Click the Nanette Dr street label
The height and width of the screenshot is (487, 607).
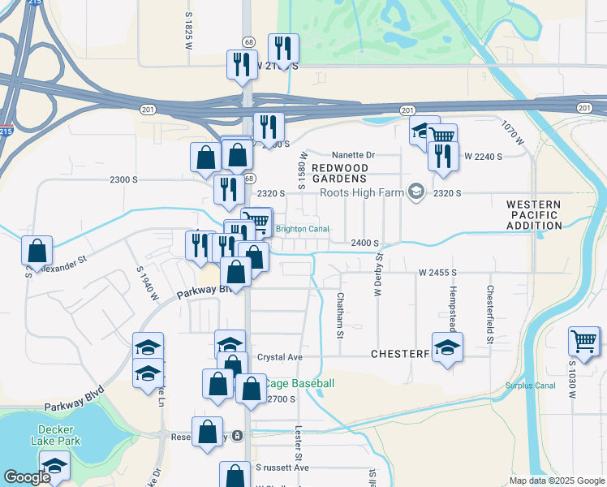pyautogui.click(x=354, y=155)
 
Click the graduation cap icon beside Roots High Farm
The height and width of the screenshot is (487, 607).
pyautogui.click(x=416, y=192)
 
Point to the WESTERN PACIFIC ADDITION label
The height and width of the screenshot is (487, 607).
pyautogui.click(x=533, y=215)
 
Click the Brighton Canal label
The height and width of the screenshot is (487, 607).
pyautogui.click(x=303, y=229)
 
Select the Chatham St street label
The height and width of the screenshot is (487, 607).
pyautogui.click(x=341, y=311)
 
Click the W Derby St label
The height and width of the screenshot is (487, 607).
pyautogui.click(x=378, y=274)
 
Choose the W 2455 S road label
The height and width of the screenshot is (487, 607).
pyautogui.click(x=438, y=273)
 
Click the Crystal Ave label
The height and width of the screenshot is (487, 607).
pyautogui.click(x=280, y=357)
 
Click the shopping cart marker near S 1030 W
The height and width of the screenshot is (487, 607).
pyautogui.click(x=584, y=340)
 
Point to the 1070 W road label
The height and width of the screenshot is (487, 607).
pyautogui.click(x=509, y=135)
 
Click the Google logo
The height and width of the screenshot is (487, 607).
pyautogui.click(x=26, y=477)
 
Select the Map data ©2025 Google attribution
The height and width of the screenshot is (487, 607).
pyautogui.click(x=556, y=481)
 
